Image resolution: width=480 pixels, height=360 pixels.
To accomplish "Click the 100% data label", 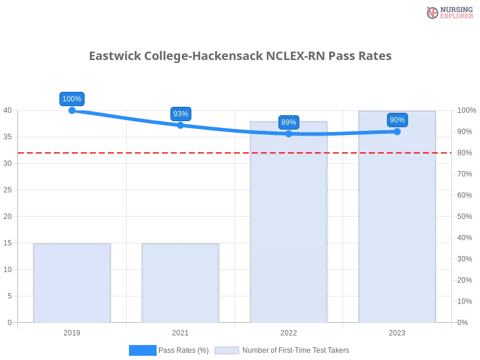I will tap(72, 99).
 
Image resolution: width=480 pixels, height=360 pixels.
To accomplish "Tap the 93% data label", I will tap(181, 114).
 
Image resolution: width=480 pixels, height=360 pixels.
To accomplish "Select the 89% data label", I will tap(289, 122).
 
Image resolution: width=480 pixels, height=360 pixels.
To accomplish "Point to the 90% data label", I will tap(397, 120).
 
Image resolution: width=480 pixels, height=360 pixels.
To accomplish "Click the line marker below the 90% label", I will tap(397, 131).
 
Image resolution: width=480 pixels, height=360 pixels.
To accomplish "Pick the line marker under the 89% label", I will tap(289, 134).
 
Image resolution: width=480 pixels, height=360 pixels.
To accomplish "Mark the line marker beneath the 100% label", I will tap(72, 110).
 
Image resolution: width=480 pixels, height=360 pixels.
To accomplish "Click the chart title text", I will tap(240, 56).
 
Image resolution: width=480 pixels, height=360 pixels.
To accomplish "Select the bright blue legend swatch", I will tap(142, 350).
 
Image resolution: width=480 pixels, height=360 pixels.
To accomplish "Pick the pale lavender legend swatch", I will tap(227, 350).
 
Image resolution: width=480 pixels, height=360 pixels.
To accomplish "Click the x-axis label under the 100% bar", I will tap(72, 332).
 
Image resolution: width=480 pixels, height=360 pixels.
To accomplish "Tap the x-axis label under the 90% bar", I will tap(397, 332).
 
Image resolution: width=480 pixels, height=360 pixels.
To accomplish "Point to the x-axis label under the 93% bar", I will tap(180, 332).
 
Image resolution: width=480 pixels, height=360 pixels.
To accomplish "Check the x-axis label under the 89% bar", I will tap(289, 332).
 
